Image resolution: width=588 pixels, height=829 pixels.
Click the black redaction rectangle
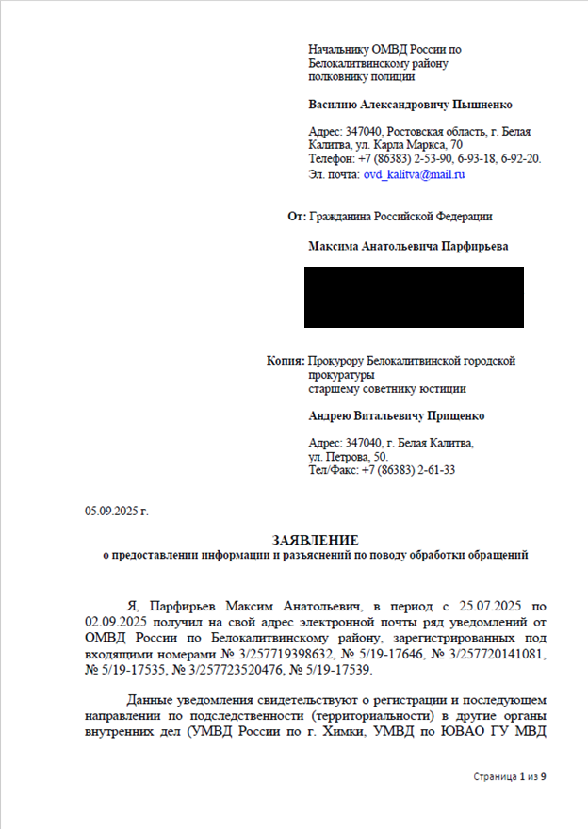[x=413, y=297]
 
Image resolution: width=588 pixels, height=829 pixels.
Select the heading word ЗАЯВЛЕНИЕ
[x=316, y=540]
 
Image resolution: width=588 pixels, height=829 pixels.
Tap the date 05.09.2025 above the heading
[x=117, y=512]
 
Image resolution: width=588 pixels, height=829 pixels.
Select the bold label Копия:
[x=286, y=361]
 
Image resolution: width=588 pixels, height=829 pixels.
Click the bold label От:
[x=296, y=217]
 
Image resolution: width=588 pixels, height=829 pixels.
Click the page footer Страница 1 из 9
[x=510, y=777]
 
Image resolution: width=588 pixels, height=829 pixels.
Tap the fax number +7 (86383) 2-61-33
[x=408, y=470]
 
